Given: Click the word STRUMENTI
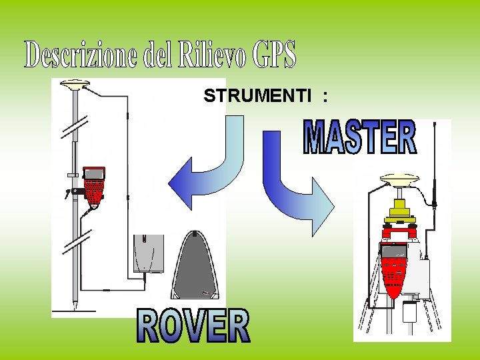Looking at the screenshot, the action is point(257,96).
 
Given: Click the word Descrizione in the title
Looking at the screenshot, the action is point(83,55).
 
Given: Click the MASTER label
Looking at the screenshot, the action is point(360,137).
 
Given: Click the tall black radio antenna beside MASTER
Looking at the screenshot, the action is point(435,163).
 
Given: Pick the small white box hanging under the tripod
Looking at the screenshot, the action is point(410,311).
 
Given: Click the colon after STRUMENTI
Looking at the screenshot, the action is point(325,97).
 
